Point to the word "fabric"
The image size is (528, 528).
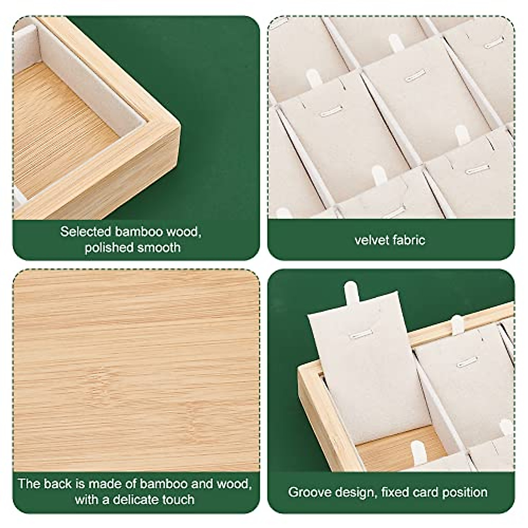pyautogui.click(x=409, y=240)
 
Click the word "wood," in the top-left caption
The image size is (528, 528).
pyautogui.click(x=185, y=232)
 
